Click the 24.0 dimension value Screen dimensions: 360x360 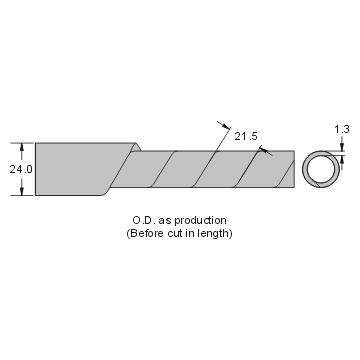pos(21,169)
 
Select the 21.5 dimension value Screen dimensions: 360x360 pos(246,136)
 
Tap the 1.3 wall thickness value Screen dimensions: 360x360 pos(342,129)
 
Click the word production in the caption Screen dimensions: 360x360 pos(201,221)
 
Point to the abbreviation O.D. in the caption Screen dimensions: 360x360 pos(144,220)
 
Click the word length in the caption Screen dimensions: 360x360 pos(215,233)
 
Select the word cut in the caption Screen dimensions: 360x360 pos(174,234)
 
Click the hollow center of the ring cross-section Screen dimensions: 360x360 pos(321,169)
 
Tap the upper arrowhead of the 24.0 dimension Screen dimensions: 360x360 pos(22,147)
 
